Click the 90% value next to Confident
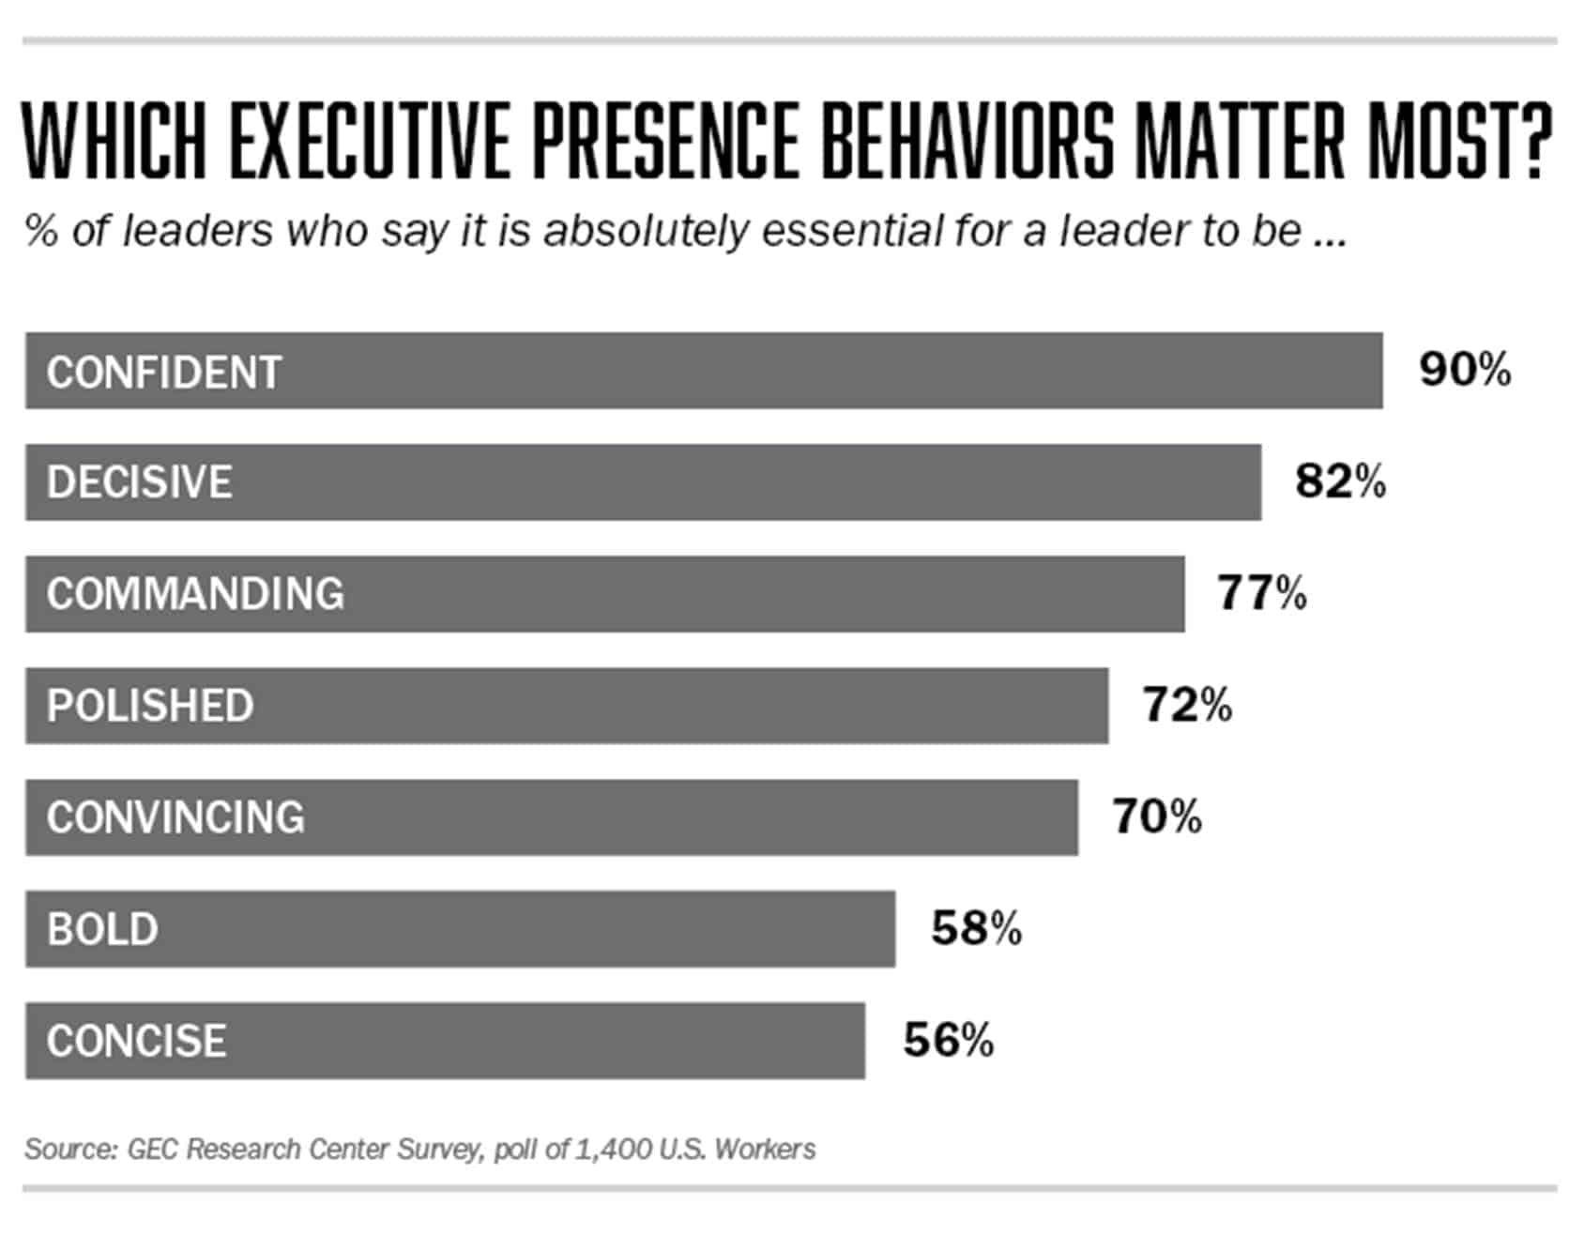(x=1465, y=370)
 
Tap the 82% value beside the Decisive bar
(x=1340, y=481)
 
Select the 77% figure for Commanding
(x=1262, y=593)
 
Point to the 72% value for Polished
(x=1187, y=705)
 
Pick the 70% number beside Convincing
(x=1157, y=816)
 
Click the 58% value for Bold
(x=976, y=928)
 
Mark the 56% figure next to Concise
(x=948, y=1040)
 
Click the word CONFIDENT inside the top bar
(x=164, y=373)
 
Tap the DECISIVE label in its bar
(x=140, y=482)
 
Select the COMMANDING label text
(x=195, y=594)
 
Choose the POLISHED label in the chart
(x=150, y=706)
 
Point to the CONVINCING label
(x=175, y=817)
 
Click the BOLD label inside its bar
(x=102, y=929)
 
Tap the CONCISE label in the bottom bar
(x=136, y=1041)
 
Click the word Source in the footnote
(x=69, y=1150)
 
